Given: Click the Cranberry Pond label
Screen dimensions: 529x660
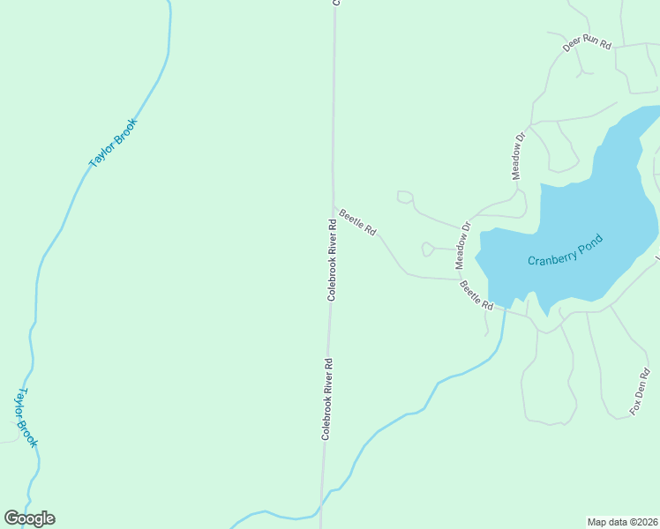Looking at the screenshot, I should point(565,250).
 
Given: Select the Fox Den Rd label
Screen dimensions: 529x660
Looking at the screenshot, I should point(639,392).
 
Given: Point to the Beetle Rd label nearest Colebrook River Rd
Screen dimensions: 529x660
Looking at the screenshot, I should point(357,222).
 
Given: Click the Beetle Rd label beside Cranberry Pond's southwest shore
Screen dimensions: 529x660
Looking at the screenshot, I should point(476,294).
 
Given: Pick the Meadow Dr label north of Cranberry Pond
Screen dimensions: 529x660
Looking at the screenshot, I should point(519,156).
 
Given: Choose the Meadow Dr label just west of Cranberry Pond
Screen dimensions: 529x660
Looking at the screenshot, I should point(463,245).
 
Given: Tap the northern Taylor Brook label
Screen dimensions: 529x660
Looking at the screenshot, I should point(114,143).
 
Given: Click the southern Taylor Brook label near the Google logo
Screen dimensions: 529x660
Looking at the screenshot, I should point(24,417).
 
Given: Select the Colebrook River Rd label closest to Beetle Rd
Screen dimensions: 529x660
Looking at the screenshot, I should point(333,260).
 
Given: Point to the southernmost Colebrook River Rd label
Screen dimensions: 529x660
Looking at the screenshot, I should point(326,399).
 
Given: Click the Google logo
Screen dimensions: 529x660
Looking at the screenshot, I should point(29,518).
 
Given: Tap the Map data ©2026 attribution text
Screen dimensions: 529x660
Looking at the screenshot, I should point(622,521).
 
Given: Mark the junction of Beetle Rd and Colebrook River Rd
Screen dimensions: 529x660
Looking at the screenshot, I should point(334,207).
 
